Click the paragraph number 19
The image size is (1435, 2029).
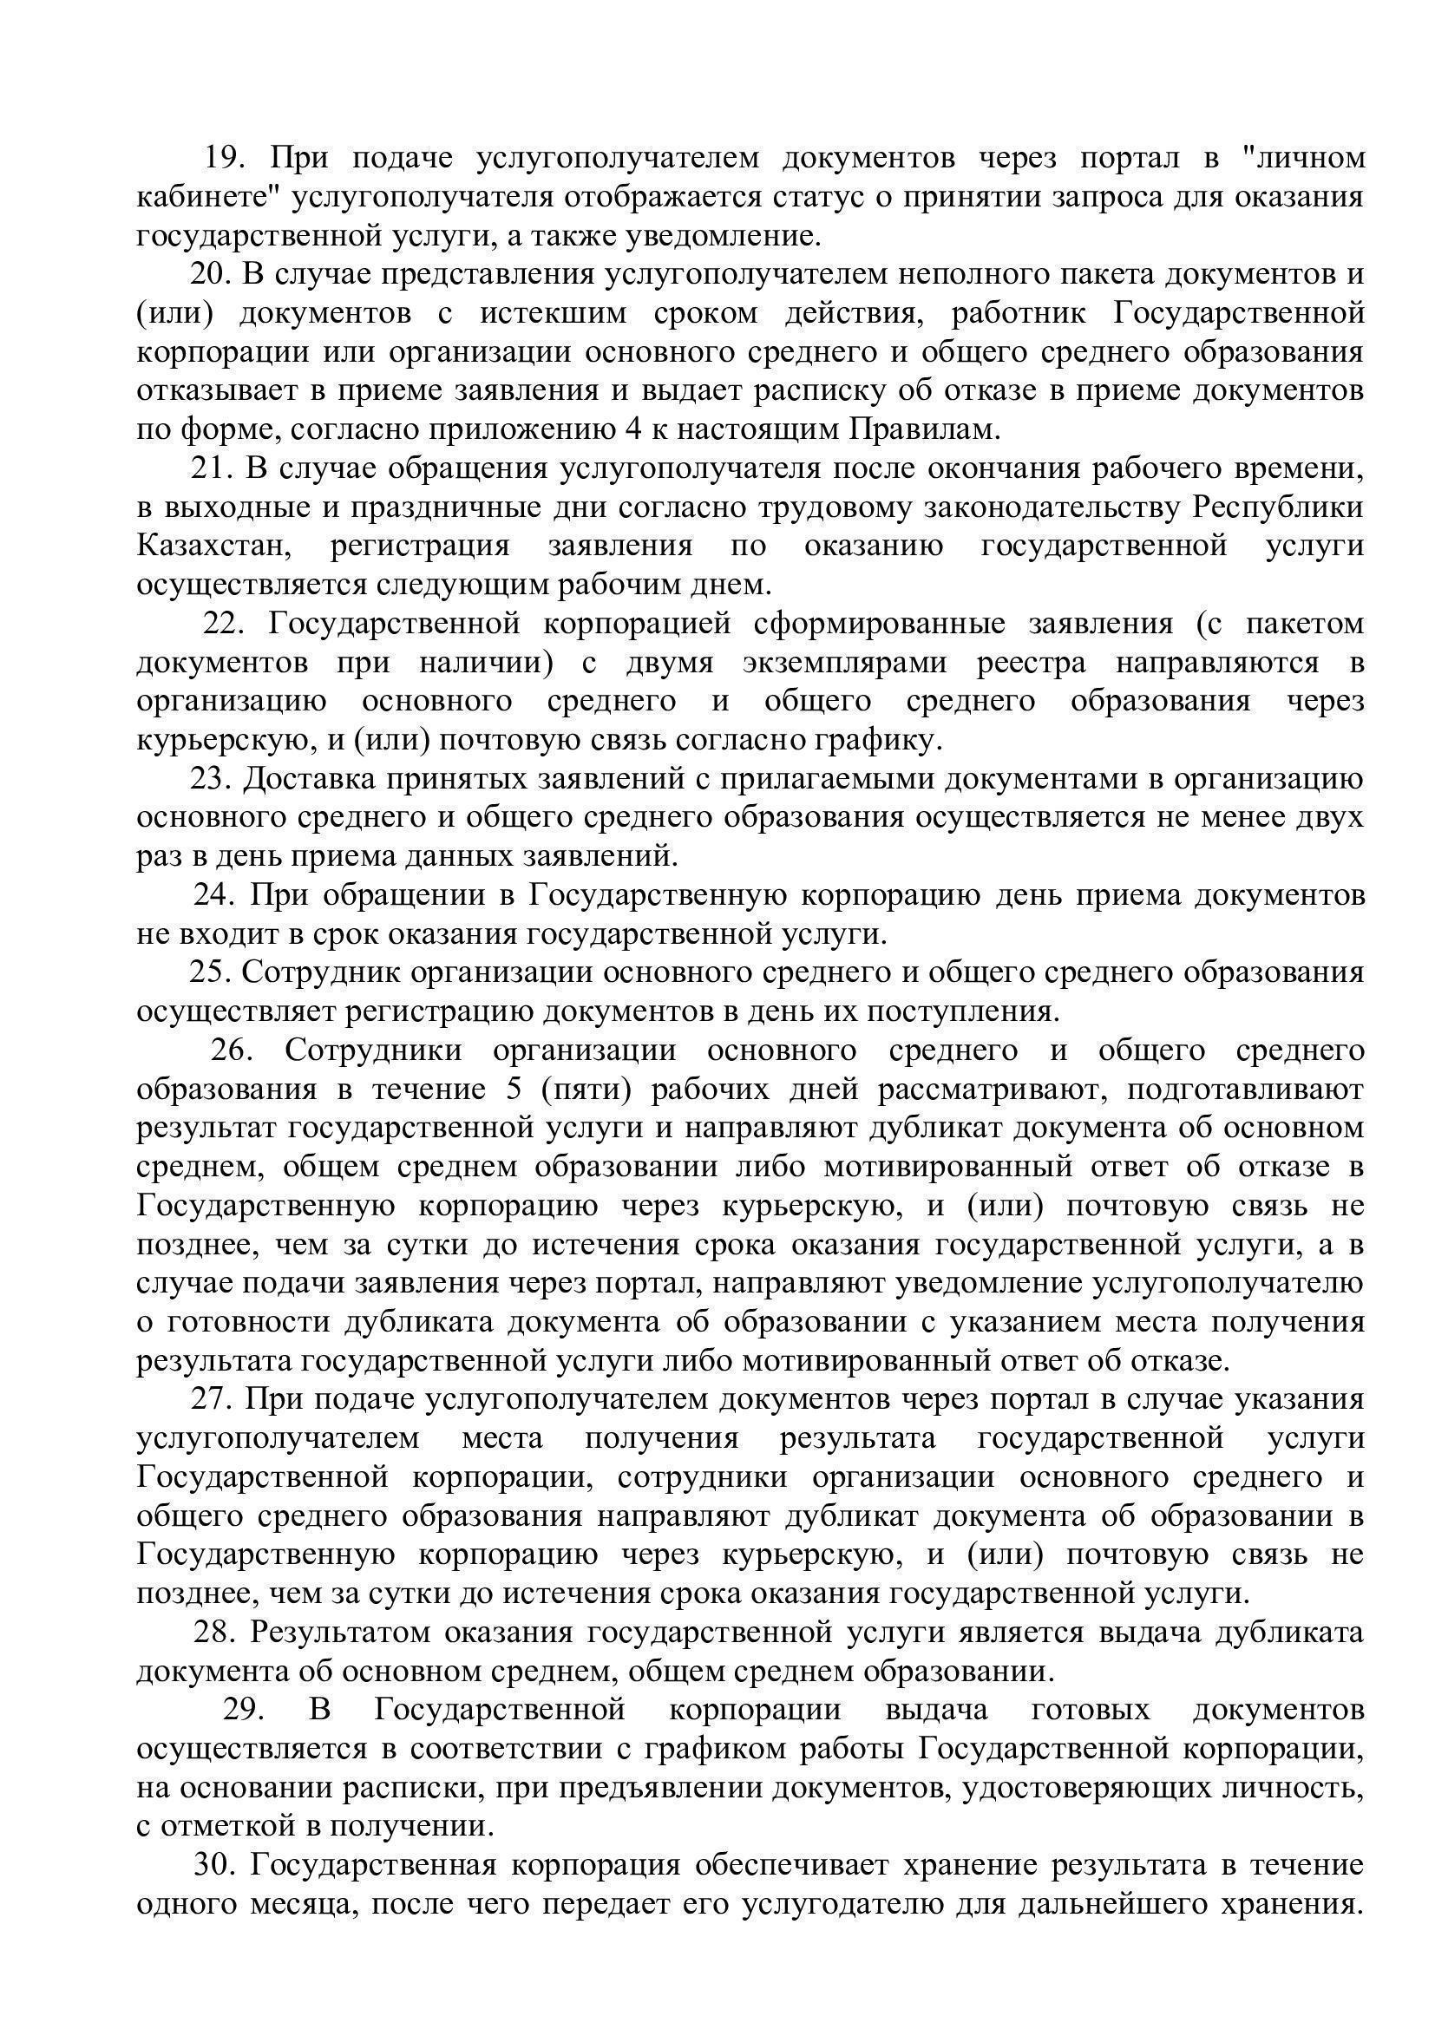click(224, 158)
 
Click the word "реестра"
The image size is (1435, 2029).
click(1054, 663)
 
